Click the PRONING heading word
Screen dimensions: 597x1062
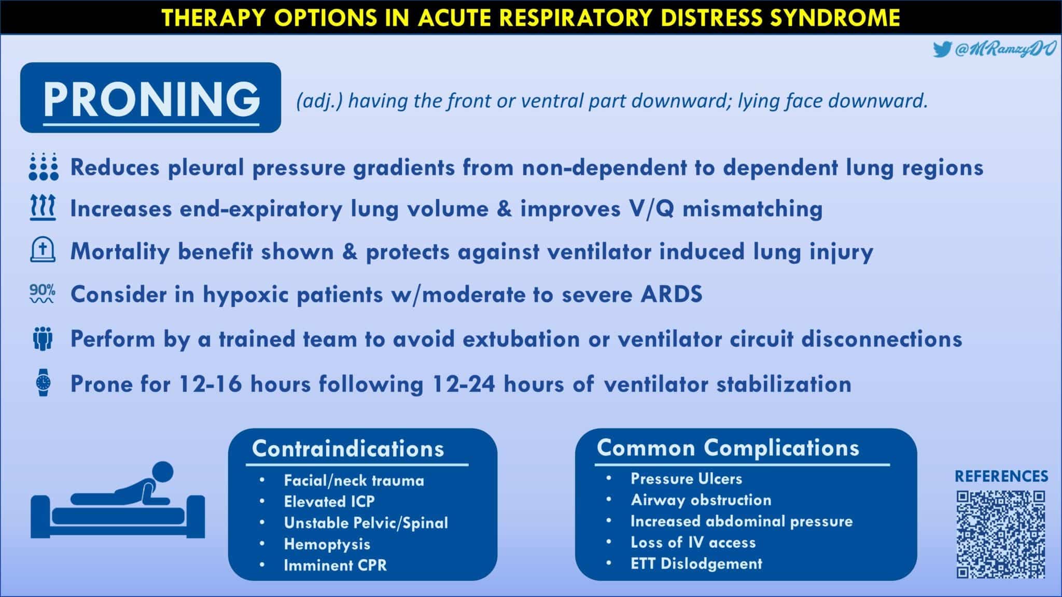[x=151, y=98]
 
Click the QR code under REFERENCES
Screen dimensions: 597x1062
[x=1000, y=534]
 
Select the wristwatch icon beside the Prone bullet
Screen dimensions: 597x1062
[x=44, y=383]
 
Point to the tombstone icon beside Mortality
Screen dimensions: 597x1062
[x=43, y=250]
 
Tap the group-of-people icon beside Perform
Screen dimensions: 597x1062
[x=43, y=339]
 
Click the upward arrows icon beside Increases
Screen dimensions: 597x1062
[x=43, y=209]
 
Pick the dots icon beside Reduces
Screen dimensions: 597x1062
[x=44, y=166]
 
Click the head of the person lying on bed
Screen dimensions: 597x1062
[x=163, y=472]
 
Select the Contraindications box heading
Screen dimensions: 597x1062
[x=348, y=449]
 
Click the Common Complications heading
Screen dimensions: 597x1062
[x=728, y=448]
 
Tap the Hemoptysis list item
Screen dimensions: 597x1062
[x=327, y=544]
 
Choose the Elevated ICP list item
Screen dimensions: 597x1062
[x=329, y=502]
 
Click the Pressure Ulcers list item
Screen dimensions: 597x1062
[x=686, y=479]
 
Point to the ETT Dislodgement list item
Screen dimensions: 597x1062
[x=696, y=564]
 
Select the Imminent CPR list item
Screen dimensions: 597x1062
[x=335, y=565]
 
